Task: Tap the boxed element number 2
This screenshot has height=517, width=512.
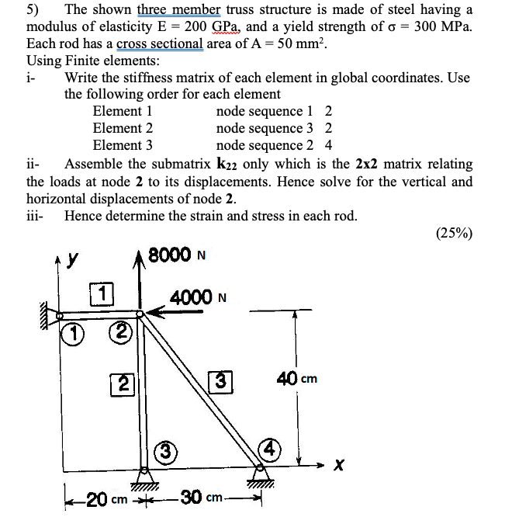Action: click(x=123, y=383)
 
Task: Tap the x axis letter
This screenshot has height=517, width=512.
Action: click(x=337, y=466)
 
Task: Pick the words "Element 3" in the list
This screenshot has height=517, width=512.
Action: click(x=123, y=145)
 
